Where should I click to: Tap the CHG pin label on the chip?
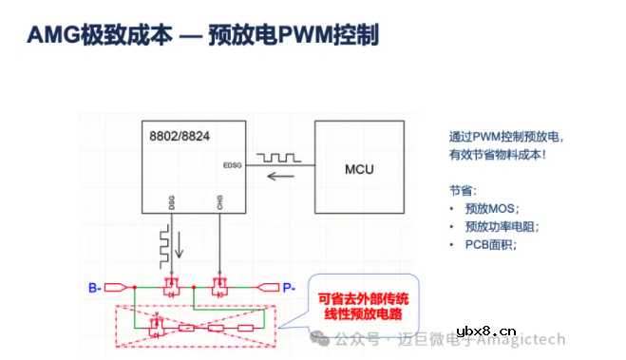coord(219,202)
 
